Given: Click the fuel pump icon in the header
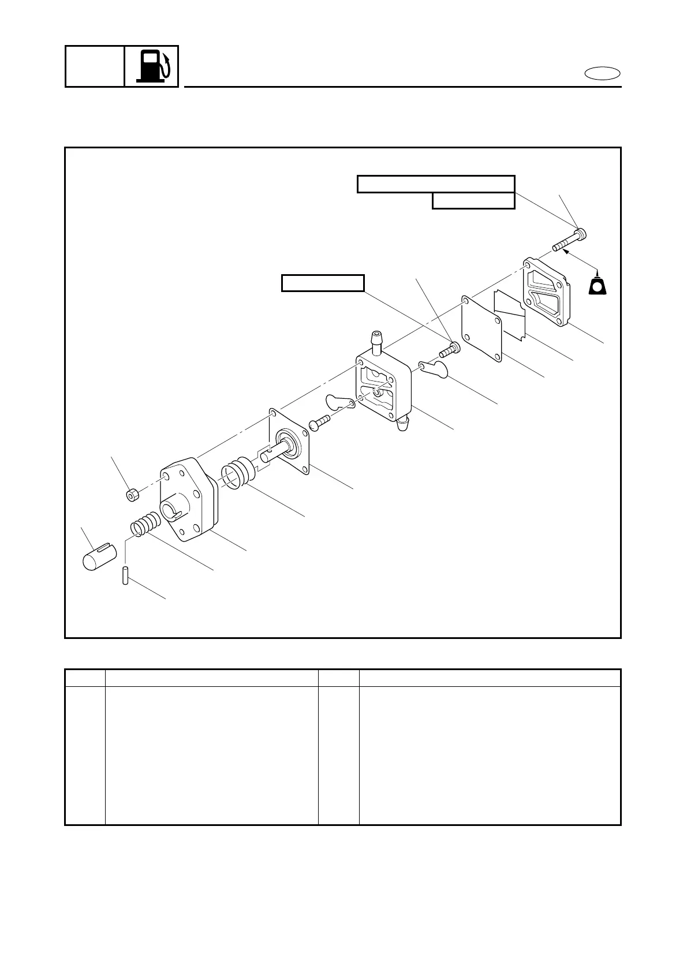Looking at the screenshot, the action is [152, 66].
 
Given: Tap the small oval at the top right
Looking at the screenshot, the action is [603, 73].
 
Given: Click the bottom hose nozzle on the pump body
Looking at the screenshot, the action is [404, 425].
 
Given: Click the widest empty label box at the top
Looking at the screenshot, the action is [436, 184].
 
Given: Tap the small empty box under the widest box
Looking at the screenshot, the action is [473, 201].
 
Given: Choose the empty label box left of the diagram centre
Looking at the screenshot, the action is [323, 283].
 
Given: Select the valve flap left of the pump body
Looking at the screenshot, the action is [338, 403].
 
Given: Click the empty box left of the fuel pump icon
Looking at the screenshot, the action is [95, 66].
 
